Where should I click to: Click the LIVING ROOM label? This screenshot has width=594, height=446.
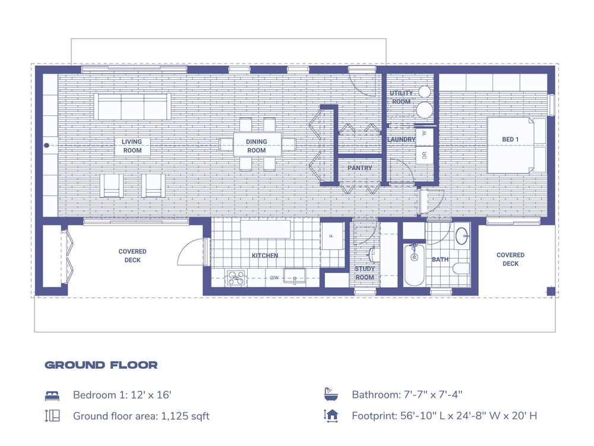[132, 146]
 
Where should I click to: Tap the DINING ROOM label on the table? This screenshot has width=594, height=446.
[257, 146]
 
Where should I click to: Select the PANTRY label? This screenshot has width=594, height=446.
[360, 168]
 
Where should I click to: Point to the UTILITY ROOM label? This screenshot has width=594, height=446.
[401, 98]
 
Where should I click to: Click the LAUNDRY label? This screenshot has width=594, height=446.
[401, 140]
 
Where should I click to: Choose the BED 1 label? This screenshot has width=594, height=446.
[510, 140]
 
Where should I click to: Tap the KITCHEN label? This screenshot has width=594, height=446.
[265, 256]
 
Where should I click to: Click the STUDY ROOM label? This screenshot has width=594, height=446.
[365, 273]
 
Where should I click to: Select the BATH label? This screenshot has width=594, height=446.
[440, 260]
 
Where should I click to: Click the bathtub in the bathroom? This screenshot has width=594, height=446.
[414, 265]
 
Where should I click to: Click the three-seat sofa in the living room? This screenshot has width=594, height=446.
[132, 106]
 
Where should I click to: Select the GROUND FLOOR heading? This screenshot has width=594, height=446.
[102, 365]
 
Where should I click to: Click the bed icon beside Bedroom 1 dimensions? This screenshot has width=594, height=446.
[52, 395]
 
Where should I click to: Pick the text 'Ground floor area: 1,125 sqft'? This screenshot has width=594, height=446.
[141, 416]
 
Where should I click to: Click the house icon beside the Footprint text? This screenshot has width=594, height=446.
[331, 416]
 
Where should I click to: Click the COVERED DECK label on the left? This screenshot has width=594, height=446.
[132, 256]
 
